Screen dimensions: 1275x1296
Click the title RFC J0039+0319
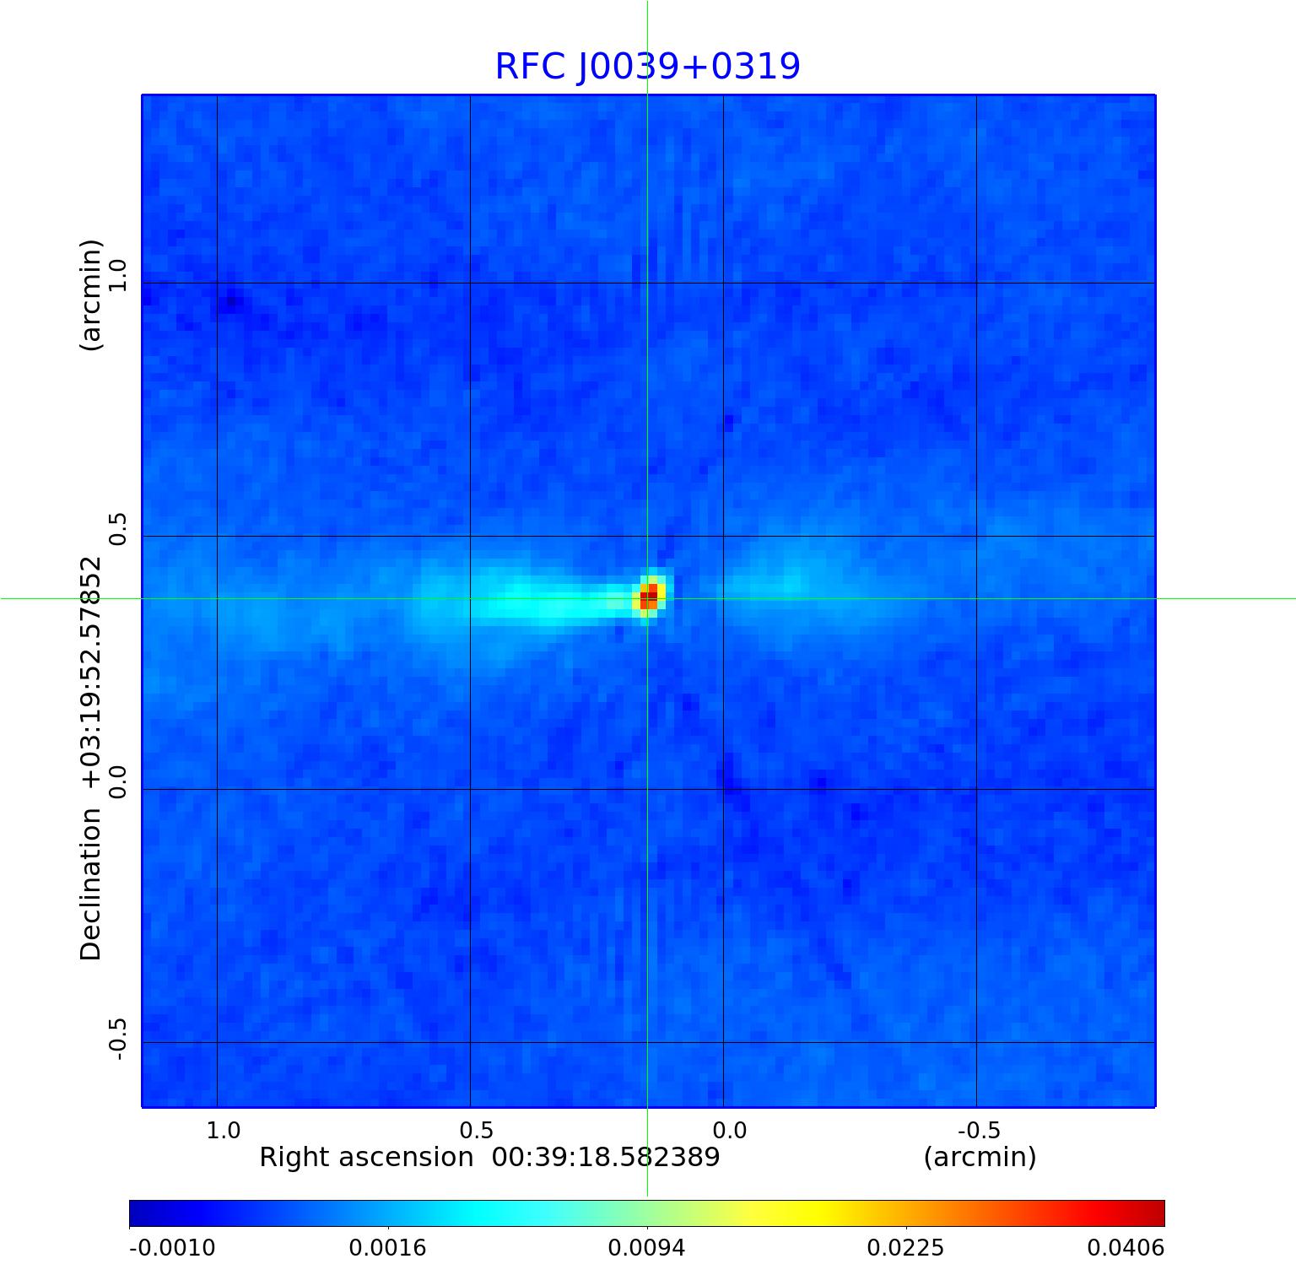coord(647,67)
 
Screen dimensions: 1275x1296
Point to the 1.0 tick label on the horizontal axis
coord(224,1130)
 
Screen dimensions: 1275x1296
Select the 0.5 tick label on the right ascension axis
coord(476,1130)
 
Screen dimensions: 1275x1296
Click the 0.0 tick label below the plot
coord(730,1130)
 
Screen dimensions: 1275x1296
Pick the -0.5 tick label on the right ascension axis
coord(979,1130)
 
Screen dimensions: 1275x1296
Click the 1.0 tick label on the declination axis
coord(116,275)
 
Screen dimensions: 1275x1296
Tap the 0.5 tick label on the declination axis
coord(116,528)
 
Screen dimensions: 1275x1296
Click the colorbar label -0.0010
coord(172,1247)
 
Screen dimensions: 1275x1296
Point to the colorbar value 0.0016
coord(388,1247)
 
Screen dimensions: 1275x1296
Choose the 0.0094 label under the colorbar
coord(647,1247)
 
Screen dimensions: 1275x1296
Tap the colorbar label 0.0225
coord(906,1247)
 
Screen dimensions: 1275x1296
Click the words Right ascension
coord(366,1157)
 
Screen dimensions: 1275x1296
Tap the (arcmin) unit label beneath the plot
coord(980,1157)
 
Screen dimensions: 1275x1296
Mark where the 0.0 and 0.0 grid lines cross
coord(723,789)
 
